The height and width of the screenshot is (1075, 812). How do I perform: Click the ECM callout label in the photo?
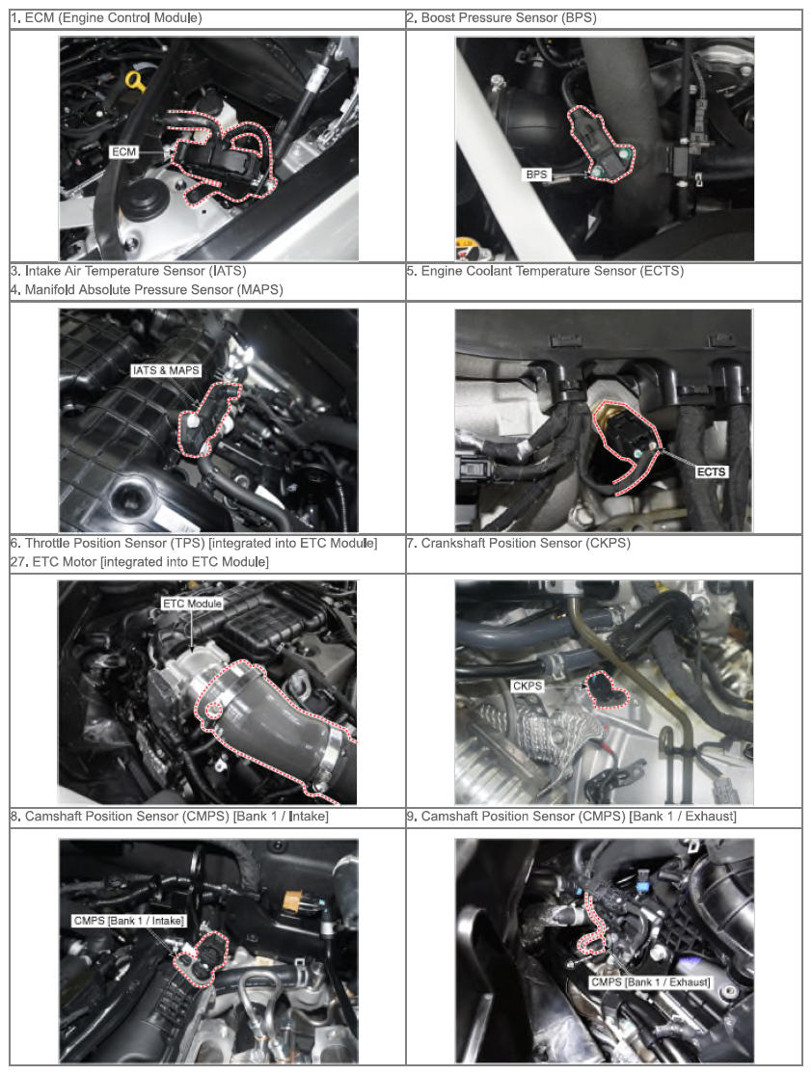[x=124, y=151]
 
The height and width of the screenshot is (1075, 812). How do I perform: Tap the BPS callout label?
[x=536, y=175]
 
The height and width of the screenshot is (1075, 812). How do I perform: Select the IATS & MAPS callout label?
[x=166, y=370]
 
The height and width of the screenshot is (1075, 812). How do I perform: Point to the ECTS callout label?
[x=711, y=471]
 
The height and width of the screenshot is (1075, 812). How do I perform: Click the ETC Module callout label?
[x=192, y=604]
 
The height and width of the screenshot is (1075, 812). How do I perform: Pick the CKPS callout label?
[x=528, y=685]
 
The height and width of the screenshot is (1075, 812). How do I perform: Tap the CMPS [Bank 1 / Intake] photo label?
[x=129, y=921]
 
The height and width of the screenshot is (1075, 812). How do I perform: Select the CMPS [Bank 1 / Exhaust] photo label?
[x=651, y=981]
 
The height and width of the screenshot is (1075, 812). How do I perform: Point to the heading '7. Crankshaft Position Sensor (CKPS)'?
[x=519, y=543]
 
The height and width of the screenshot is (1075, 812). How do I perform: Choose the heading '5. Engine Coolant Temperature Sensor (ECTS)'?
[x=545, y=271]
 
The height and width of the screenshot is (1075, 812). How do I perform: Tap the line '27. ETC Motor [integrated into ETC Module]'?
[x=139, y=561]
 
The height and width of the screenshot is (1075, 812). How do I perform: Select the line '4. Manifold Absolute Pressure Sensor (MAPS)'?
[x=147, y=289]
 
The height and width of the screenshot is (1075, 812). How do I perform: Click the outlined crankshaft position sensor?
[x=604, y=689]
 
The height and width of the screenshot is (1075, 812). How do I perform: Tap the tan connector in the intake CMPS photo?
[x=293, y=898]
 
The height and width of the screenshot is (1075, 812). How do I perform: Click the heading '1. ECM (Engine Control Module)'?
[x=106, y=17]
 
